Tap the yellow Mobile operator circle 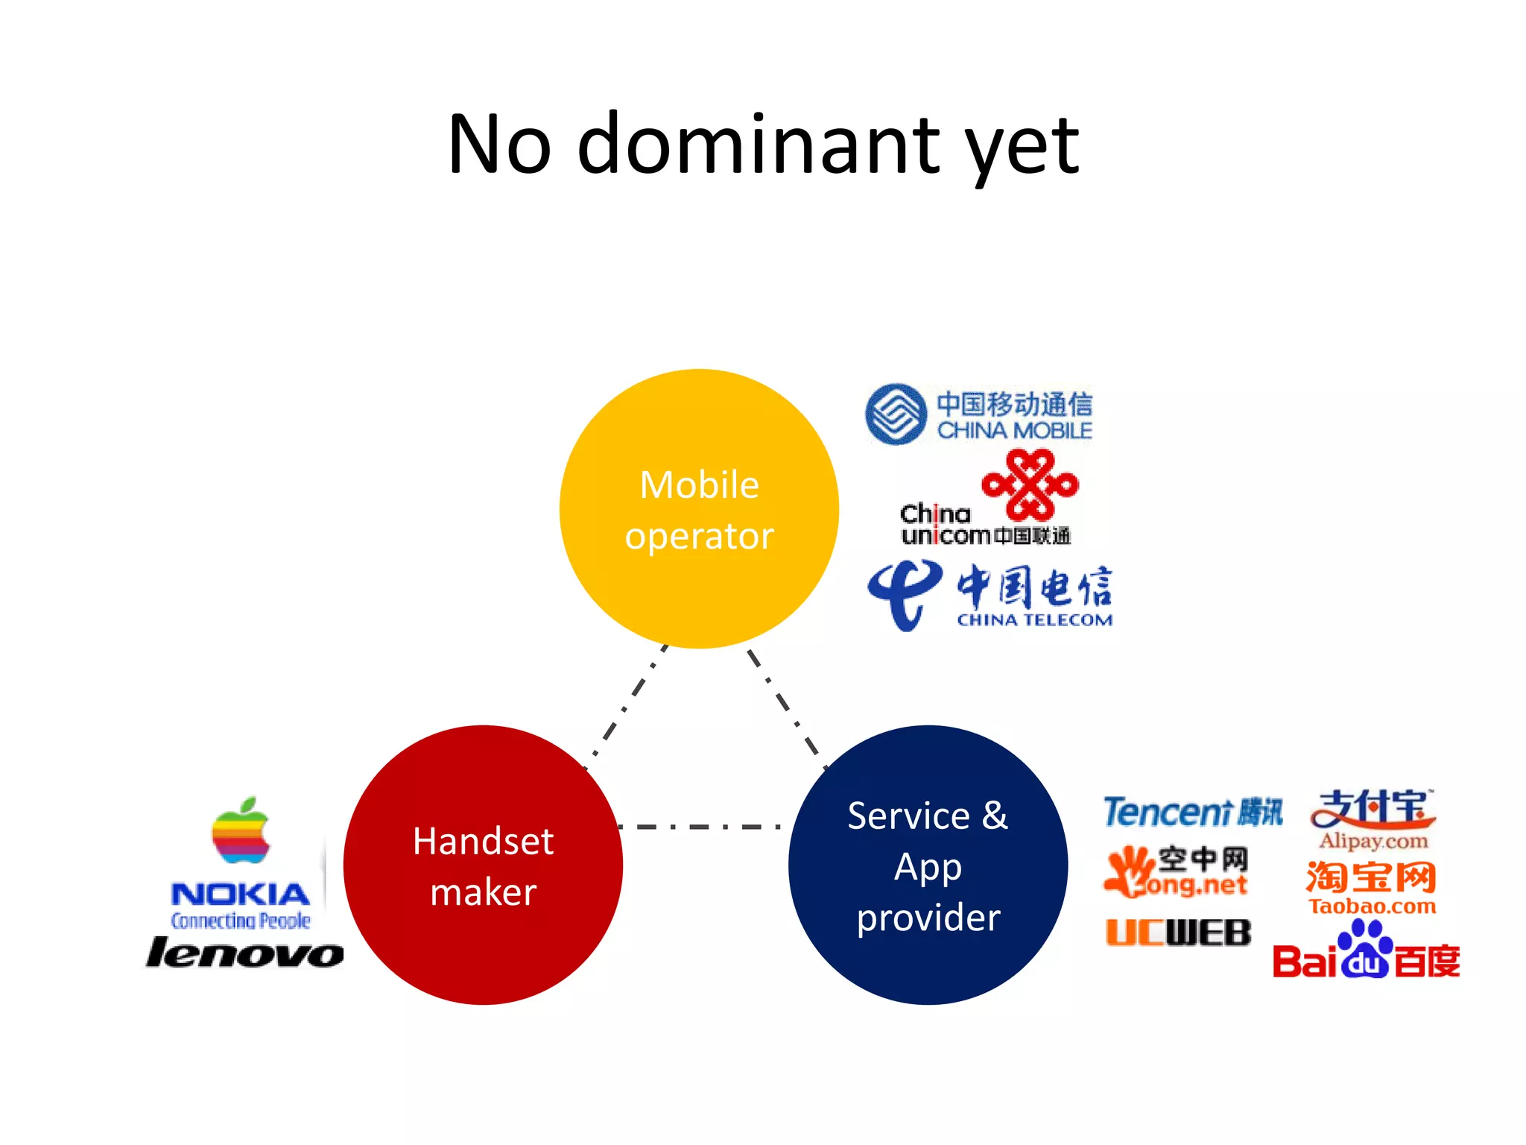[699, 509]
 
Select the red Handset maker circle [483, 865]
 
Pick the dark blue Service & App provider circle [928, 865]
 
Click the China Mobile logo [978, 415]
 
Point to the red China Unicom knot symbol [1030, 485]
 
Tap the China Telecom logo [990, 596]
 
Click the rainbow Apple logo [240, 831]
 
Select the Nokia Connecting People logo [240, 904]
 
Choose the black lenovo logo [244, 953]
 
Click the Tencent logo [1192, 812]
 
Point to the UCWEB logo [1178, 933]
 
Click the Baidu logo [1366, 953]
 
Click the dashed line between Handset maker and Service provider [700, 827]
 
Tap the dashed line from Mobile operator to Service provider [786, 708]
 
